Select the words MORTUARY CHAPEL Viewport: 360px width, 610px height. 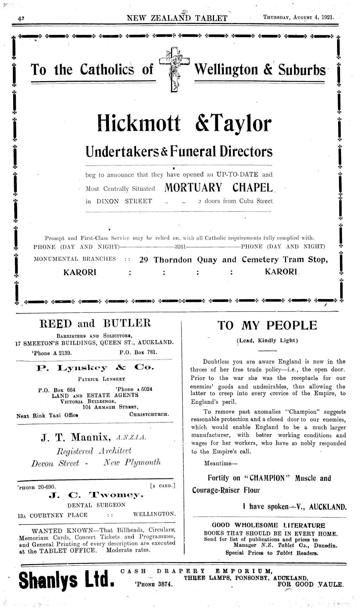219,187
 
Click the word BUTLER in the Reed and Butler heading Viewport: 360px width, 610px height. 128,323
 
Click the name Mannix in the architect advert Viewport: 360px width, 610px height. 90,438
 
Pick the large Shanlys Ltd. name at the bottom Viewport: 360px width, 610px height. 66,584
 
